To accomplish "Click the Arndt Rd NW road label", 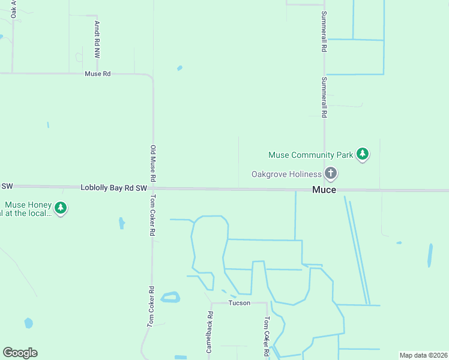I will pos(97,39).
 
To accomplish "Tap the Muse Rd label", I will pos(98,74).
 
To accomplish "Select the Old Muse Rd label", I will pos(153,163).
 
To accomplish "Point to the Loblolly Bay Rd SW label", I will pos(113,188).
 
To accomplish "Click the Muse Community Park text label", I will pos(310,155).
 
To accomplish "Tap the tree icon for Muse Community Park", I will pos(362,154).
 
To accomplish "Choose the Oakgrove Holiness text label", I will pos(286,174).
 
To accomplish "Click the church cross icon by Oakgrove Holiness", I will pos(330,173).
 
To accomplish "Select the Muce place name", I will pos(324,190).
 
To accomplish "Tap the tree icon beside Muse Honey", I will pos(60,208).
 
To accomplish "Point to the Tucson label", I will pos(240,303).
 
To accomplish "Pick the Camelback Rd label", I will pos(209,331).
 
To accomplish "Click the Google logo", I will pos(20,353).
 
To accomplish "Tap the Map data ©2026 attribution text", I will pos(423,355).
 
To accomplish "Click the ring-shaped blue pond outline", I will pos(170,297).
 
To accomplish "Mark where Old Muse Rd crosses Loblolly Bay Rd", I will pos(153,188).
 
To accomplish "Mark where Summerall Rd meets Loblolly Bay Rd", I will pos(325,190).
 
